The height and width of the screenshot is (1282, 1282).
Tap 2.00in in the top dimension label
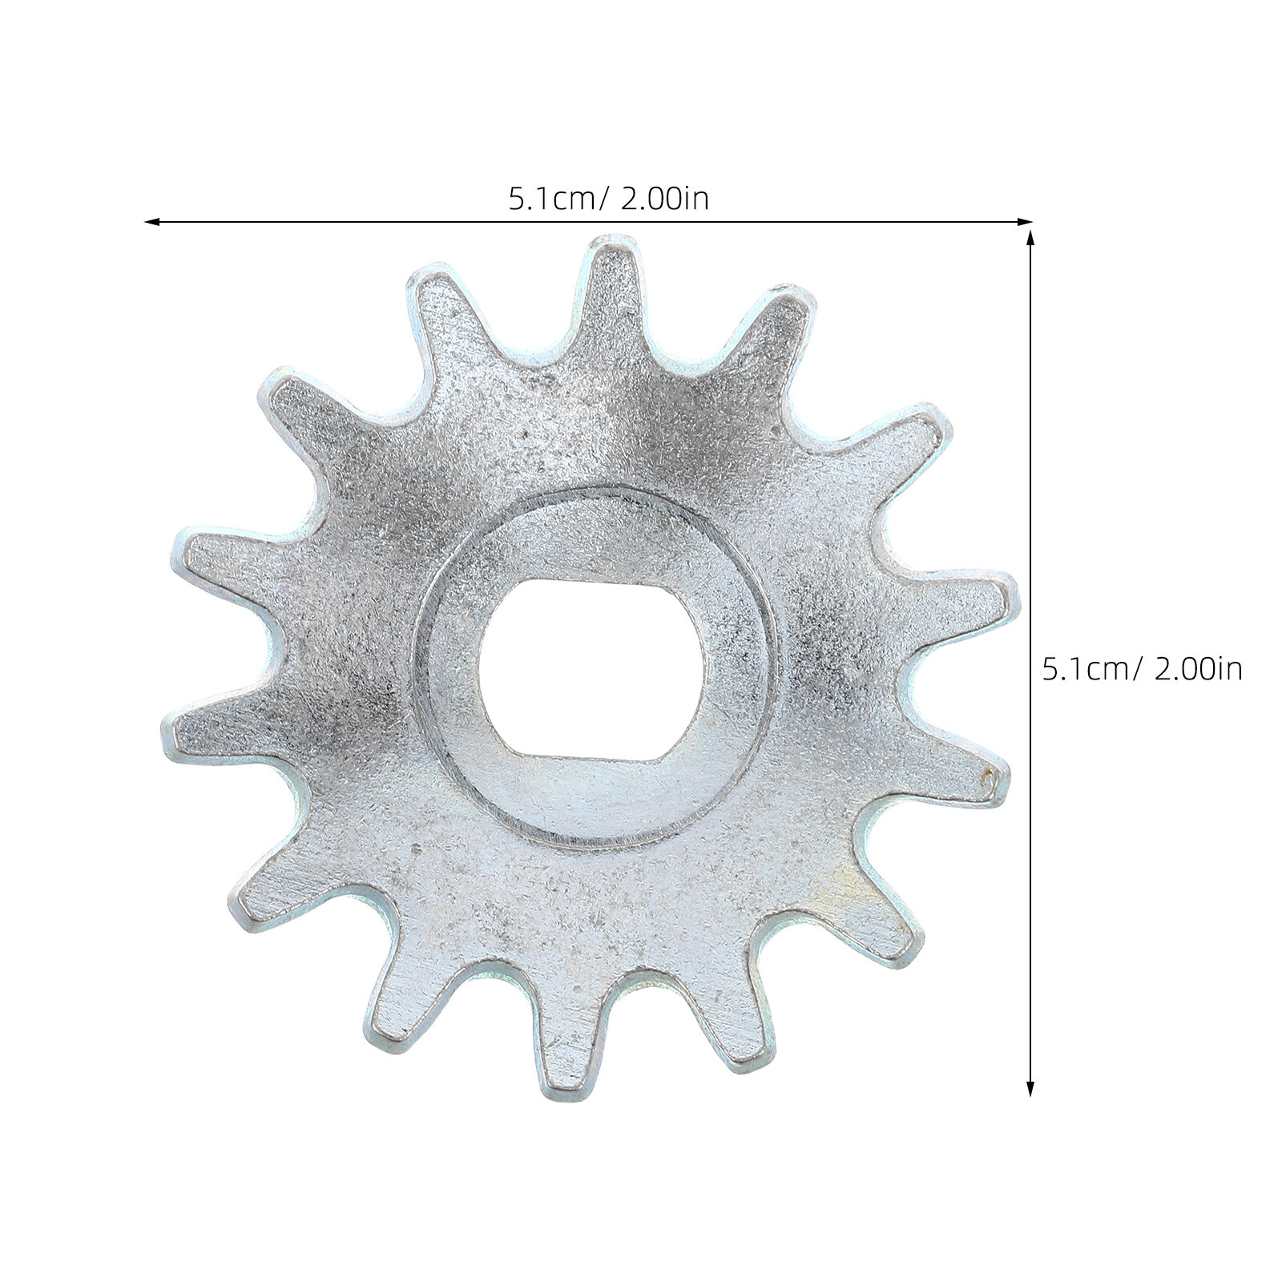tap(664, 197)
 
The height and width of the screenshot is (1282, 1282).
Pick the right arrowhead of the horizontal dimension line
tap(1025, 221)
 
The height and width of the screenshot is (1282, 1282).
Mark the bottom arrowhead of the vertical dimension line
tap(1030, 1088)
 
